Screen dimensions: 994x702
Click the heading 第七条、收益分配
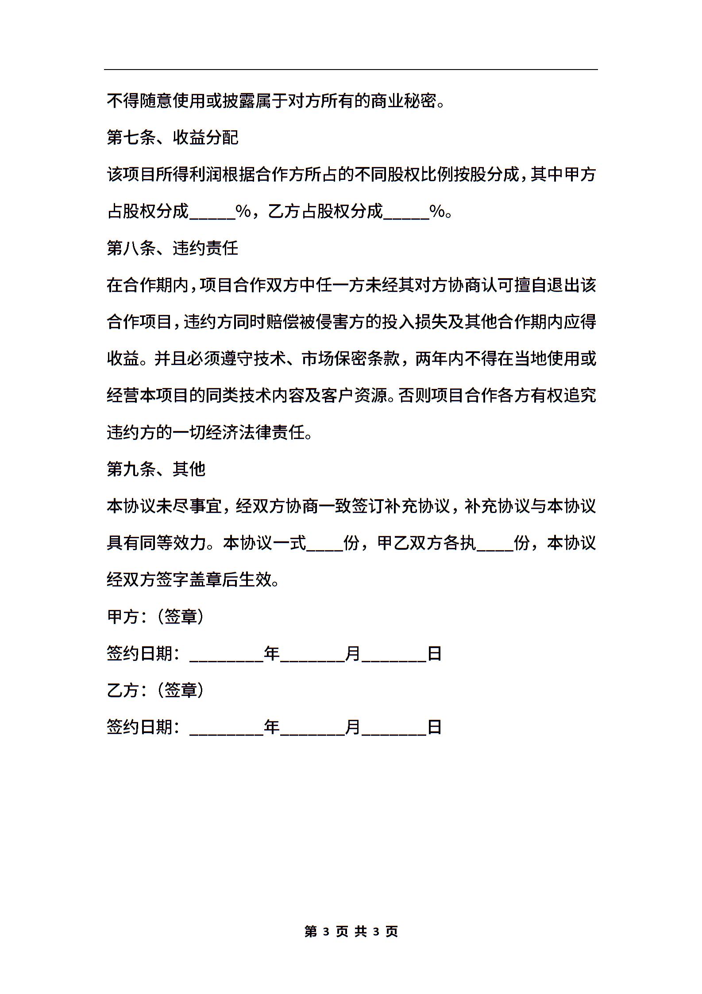pyautogui.click(x=173, y=138)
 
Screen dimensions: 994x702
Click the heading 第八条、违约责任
pyautogui.click(x=173, y=248)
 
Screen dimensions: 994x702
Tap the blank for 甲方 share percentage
pyautogui.click(x=212, y=213)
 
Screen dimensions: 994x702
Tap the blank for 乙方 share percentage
pyautogui.click(x=406, y=213)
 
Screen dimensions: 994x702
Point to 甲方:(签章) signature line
pyautogui.click(x=155, y=617)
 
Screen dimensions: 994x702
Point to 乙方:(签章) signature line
pyautogui.click(x=155, y=690)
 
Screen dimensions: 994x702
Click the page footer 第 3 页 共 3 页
pyautogui.click(x=351, y=932)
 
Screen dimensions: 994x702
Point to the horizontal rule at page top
pyautogui.click(x=351, y=70)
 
